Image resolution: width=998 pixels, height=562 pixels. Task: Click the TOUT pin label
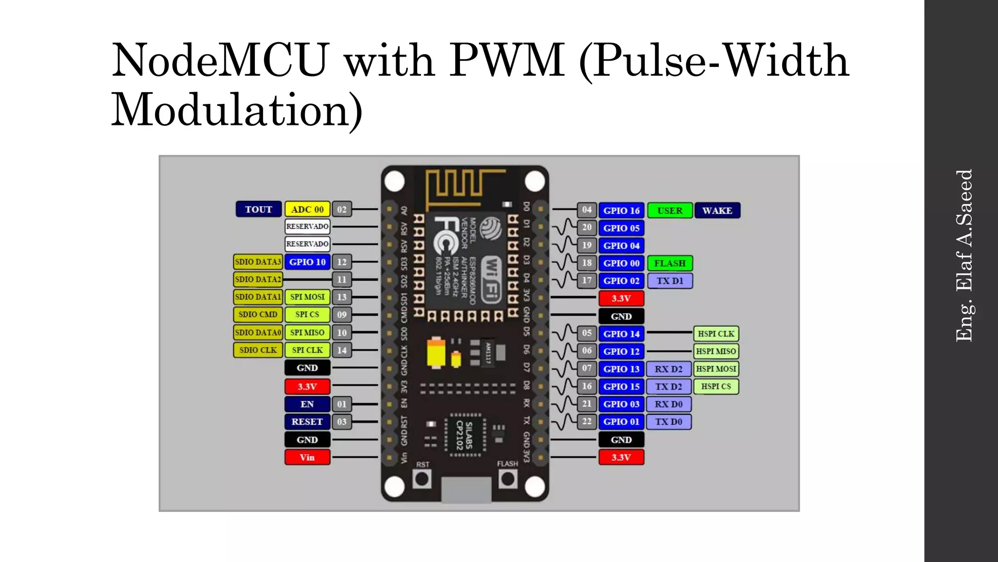point(258,209)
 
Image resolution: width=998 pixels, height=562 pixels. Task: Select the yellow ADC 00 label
point(307,209)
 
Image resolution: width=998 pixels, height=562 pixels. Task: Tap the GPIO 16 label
point(621,211)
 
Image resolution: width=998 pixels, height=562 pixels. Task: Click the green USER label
point(670,211)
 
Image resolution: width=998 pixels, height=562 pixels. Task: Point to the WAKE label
point(717,211)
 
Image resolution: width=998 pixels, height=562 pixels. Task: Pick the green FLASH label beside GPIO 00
point(670,263)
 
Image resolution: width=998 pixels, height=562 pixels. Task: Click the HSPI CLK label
point(715,334)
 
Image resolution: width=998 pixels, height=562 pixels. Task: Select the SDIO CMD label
point(258,315)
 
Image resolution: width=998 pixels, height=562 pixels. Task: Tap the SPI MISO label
point(307,333)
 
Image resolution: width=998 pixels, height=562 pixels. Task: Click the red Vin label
point(307,458)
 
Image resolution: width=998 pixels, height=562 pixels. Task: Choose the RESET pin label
point(307,422)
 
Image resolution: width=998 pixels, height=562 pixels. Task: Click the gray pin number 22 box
point(587,421)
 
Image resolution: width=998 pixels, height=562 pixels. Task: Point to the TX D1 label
point(670,281)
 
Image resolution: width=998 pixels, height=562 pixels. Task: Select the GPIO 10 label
point(307,262)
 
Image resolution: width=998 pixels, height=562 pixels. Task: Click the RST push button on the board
point(422,479)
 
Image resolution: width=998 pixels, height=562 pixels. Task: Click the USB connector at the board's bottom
point(466,490)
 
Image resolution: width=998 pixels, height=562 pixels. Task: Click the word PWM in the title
point(506,61)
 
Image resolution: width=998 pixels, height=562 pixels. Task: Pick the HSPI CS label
point(715,386)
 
